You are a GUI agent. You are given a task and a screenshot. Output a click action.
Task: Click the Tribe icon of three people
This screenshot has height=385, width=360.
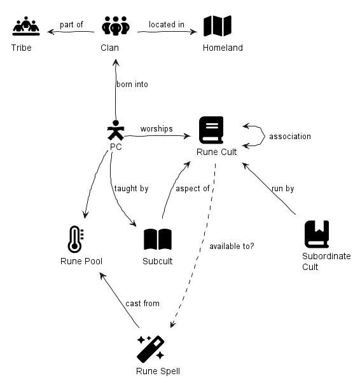click(x=26, y=26)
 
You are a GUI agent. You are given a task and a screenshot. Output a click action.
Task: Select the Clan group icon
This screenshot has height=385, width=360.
click(x=116, y=26)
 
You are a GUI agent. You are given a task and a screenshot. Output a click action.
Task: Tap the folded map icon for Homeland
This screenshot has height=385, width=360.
click(x=218, y=26)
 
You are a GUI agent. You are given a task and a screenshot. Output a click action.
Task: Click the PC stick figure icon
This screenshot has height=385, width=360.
click(x=116, y=130)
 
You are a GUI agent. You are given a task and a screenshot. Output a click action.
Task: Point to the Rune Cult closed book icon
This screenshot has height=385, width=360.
click(x=211, y=130)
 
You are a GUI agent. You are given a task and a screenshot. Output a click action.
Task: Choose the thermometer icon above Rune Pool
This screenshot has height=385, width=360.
click(x=76, y=239)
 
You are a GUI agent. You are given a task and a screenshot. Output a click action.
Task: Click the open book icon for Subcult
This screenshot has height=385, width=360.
click(x=158, y=239)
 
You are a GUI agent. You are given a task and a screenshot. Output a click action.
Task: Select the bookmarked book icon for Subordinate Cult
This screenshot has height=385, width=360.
click(x=317, y=234)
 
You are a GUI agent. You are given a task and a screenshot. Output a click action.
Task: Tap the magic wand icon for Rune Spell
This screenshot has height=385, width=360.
click(x=151, y=349)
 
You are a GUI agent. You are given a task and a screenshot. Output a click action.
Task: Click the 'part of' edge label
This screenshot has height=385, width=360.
click(x=71, y=25)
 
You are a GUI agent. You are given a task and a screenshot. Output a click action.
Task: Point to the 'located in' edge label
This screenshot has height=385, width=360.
click(x=167, y=24)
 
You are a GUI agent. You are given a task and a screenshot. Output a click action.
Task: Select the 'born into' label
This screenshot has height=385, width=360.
click(x=132, y=84)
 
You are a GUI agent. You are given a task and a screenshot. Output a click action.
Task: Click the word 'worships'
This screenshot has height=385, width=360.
click(x=156, y=129)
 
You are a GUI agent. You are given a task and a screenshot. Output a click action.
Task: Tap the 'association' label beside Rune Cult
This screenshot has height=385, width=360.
click(x=290, y=136)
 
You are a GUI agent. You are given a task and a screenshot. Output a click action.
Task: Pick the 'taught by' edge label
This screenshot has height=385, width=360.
click(x=132, y=189)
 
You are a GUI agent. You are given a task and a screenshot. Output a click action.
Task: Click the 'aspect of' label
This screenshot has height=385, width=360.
click(x=193, y=189)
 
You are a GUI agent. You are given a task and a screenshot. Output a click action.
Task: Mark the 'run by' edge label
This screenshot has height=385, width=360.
click(x=283, y=189)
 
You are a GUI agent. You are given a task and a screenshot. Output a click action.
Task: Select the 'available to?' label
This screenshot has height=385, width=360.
click(x=232, y=246)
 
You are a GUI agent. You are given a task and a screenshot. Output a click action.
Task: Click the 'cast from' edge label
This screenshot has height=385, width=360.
click(x=142, y=304)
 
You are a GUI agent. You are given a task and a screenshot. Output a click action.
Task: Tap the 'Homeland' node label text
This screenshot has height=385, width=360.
click(x=223, y=48)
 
